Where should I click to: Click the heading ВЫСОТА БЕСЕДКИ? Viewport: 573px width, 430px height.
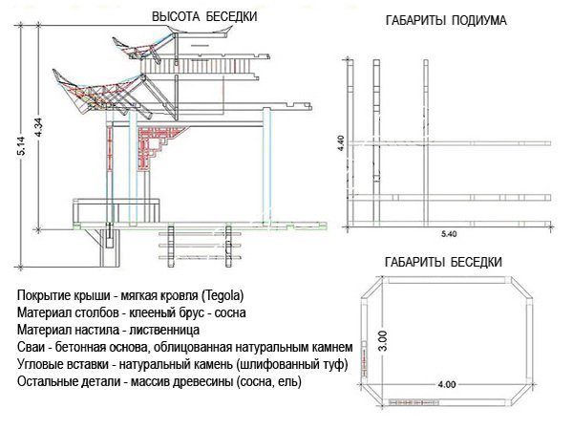click(x=204, y=16)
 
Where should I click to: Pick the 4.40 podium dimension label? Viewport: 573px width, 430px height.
click(x=341, y=145)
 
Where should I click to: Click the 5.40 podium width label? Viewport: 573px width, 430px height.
click(x=449, y=233)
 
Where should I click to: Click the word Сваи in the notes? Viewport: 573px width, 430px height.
click(x=32, y=347)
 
